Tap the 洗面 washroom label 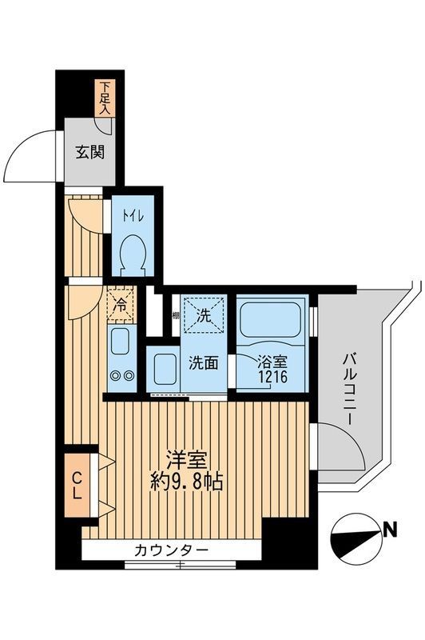203,362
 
